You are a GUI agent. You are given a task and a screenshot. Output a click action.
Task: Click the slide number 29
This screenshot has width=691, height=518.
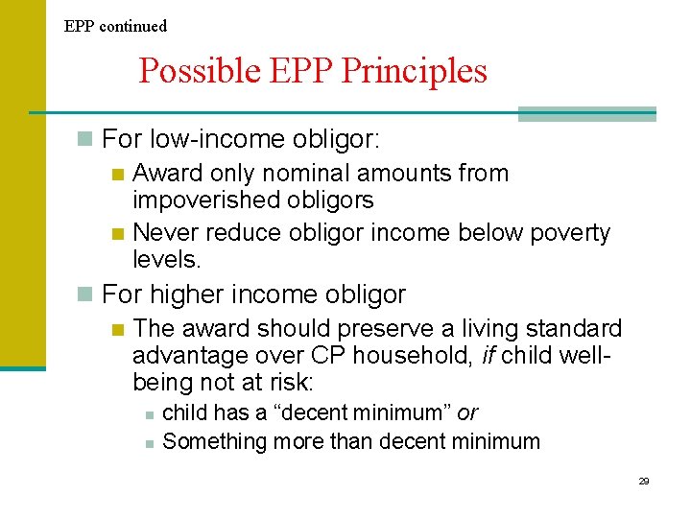[644, 481]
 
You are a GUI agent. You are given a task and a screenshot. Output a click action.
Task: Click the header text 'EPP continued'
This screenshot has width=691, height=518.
[115, 26]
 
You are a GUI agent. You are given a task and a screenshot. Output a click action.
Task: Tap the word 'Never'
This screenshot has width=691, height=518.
[164, 233]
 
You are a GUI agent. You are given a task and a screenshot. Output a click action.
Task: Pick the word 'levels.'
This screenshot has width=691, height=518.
[164, 260]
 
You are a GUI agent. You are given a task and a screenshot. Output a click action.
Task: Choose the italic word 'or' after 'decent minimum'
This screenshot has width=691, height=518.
[467, 413]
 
